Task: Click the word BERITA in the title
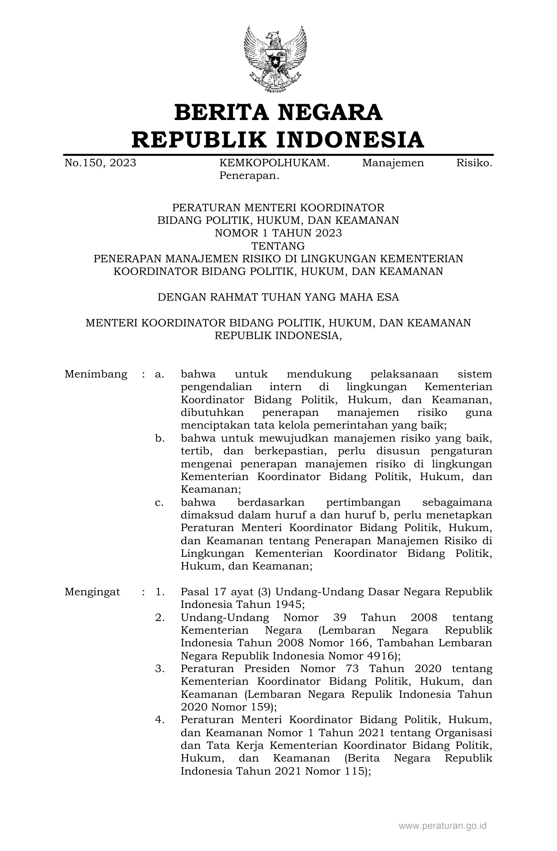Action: click(x=221, y=113)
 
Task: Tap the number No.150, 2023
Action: click(x=100, y=163)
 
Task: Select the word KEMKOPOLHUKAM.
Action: click(x=274, y=163)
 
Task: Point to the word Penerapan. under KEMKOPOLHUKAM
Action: click(x=249, y=176)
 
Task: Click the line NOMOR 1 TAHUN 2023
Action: click(x=278, y=233)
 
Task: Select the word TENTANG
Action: click(x=278, y=246)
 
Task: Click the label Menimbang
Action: click(x=96, y=374)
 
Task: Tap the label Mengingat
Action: click(x=92, y=592)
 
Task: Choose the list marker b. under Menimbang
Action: click(x=159, y=438)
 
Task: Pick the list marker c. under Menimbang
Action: click(x=159, y=502)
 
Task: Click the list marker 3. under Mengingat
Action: click(x=159, y=669)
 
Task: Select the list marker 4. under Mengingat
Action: click(x=159, y=720)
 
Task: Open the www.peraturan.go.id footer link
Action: click(x=442, y=826)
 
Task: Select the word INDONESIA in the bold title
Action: click(x=350, y=140)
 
